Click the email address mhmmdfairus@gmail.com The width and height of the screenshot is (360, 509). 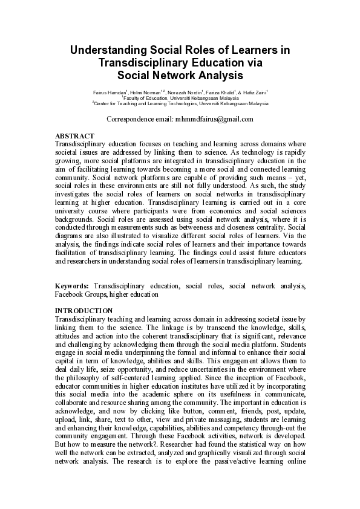click(x=214, y=119)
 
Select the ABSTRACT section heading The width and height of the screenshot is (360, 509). click(x=74, y=136)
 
